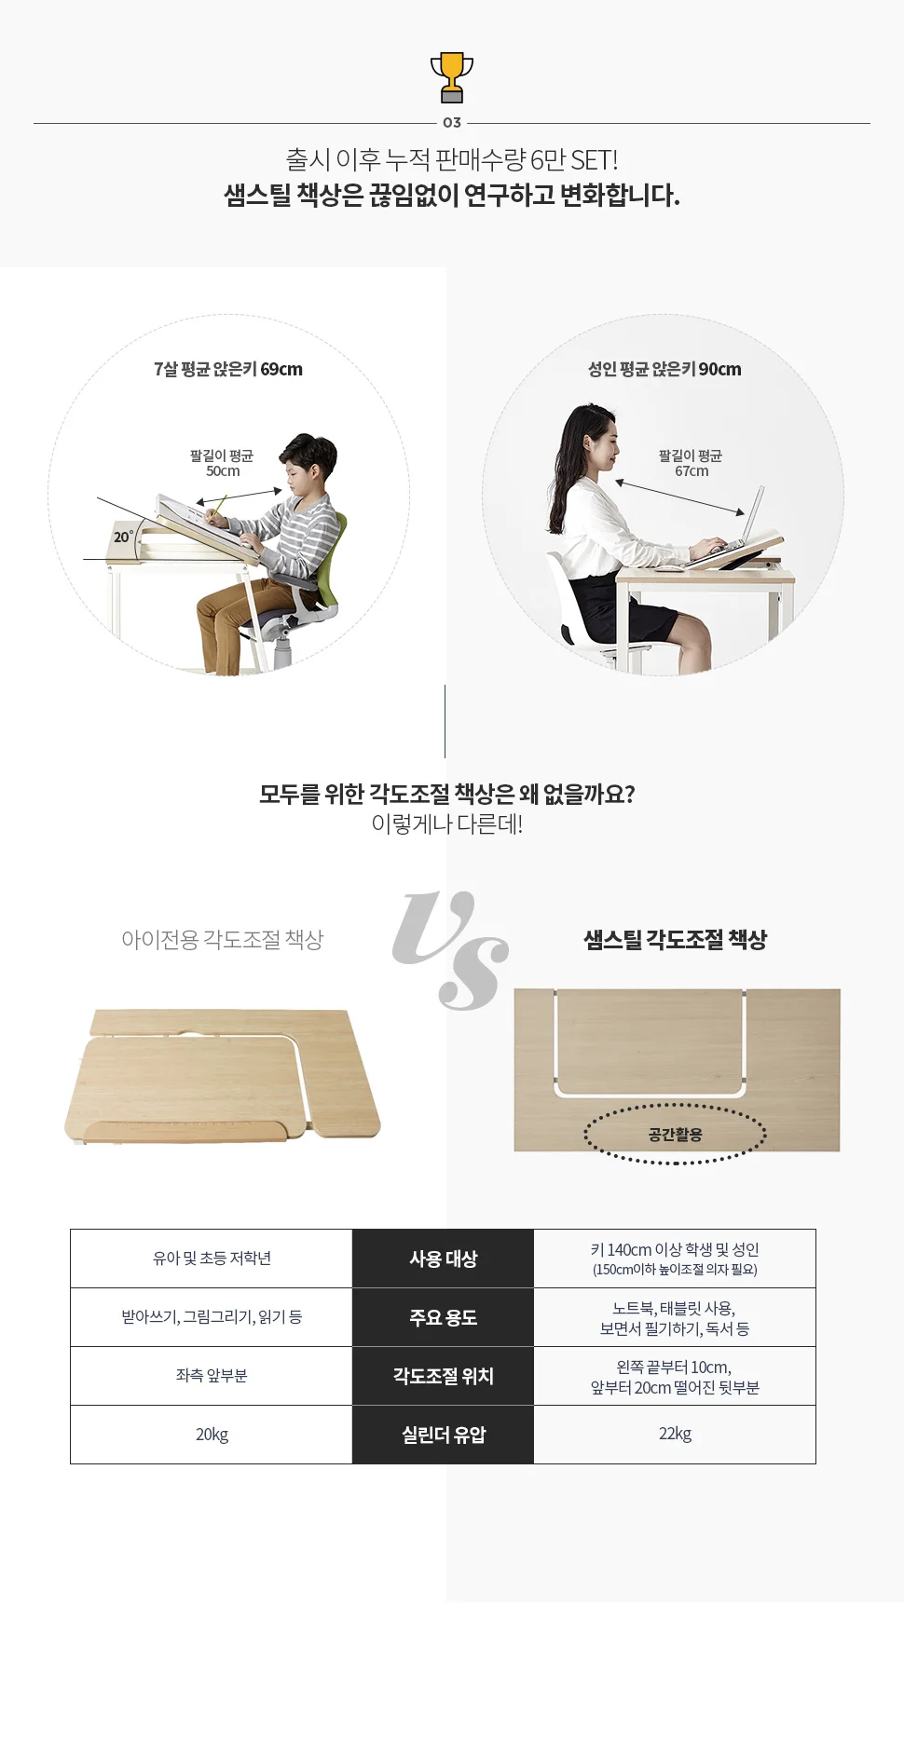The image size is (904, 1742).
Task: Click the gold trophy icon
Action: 452,77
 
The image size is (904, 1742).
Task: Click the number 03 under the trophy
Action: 452,123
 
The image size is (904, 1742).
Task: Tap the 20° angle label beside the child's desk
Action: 123,537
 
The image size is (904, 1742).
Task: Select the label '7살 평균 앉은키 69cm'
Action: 228,369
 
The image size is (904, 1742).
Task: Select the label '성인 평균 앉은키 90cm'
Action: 664,369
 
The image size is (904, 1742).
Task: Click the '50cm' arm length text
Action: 223,471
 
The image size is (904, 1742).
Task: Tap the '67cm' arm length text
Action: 692,471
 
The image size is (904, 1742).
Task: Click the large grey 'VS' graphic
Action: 450,950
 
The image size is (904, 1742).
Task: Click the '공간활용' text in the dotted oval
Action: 675,1135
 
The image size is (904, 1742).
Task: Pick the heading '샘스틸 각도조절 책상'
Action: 675,940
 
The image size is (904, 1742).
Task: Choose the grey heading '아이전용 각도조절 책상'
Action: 222,940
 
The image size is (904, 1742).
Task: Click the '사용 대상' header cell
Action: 443,1259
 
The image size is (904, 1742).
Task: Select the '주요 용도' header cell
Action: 443,1317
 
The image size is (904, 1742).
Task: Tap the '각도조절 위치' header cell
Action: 443,1376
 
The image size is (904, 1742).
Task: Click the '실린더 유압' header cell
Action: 443,1435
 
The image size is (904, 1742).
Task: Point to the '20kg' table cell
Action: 212,1435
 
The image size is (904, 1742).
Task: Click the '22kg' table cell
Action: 675,1435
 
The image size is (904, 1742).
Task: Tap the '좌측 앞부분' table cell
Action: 212,1376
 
